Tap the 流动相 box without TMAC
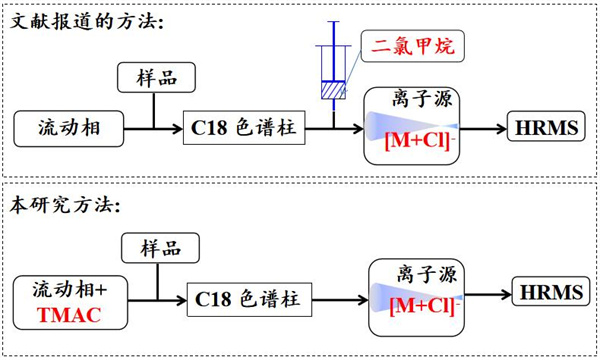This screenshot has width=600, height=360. point(70,128)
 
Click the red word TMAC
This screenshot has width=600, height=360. point(69,311)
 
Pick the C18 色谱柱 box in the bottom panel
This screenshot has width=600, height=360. point(248,297)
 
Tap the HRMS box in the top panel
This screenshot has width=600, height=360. point(540,128)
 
